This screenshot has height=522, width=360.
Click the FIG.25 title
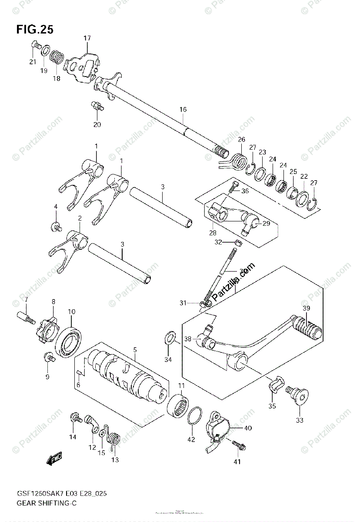(x=35, y=30)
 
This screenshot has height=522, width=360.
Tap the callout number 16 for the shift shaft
(x=183, y=110)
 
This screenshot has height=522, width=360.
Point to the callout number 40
(x=247, y=428)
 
